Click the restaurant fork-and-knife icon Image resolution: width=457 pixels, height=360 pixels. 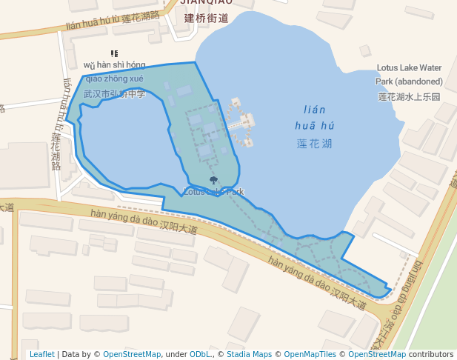click(x=114, y=53)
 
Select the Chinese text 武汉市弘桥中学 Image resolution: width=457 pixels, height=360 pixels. click(x=115, y=94)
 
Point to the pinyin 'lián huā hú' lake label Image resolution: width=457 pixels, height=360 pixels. click(x=315, y=118)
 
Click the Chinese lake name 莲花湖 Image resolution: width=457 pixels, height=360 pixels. click(x=315, y=143)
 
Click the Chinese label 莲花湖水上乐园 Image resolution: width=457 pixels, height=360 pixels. click(x=409, y=96)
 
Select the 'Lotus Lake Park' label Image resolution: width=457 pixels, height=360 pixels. click(x=213, y=192)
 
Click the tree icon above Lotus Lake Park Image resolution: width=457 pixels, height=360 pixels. click(x=213, y=180)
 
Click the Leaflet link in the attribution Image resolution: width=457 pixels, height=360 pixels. click(x=41, y=354)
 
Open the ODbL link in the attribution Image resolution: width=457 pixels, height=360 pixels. click(x=201, y=354)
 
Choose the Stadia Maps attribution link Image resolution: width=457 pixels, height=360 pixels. click(x=249, y=354)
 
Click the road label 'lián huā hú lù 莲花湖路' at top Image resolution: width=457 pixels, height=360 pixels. click(x=123, y=20)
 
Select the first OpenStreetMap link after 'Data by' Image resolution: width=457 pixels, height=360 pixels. click(x=132, y=354)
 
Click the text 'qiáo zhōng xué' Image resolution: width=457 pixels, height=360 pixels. click(x=115, y=79)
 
